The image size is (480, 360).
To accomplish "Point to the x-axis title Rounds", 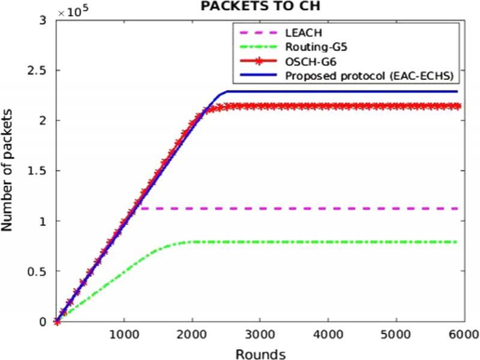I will click(260, 353).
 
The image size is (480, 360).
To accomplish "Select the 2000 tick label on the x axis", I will click(192, 334).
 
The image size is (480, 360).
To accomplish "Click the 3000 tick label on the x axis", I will click(260, 334).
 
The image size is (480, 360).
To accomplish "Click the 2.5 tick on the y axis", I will click(39, 70).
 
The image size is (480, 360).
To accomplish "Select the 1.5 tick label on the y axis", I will click(39, 171).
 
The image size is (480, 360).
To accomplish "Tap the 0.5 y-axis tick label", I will click(39, 271).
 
